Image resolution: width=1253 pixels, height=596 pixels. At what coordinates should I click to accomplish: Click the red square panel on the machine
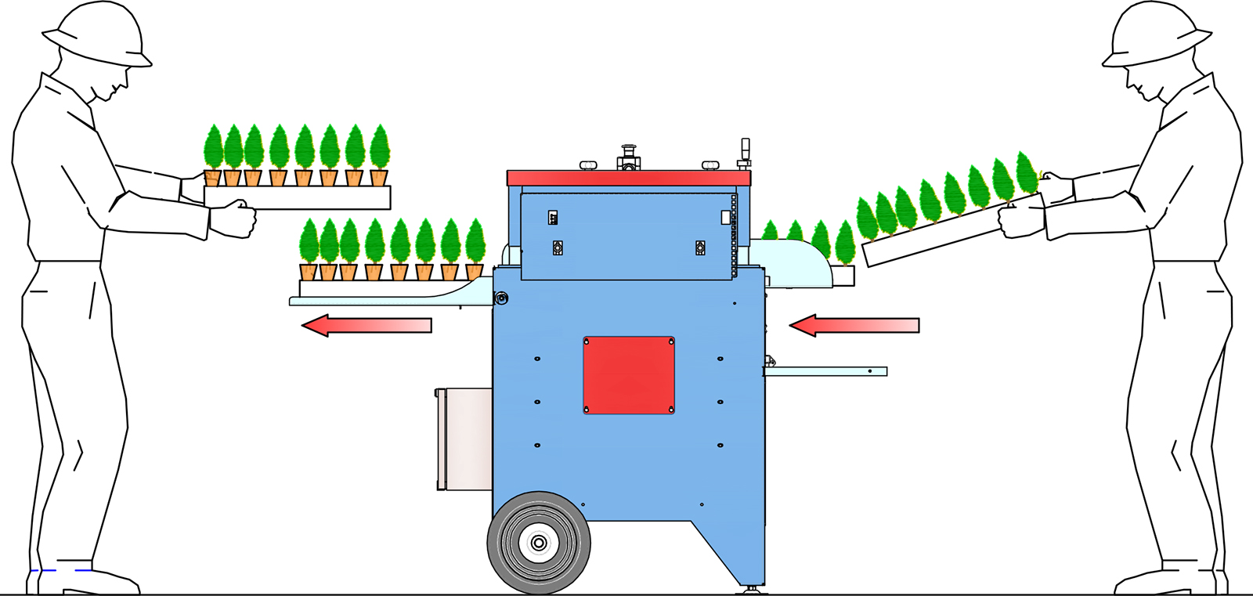click(628, 375)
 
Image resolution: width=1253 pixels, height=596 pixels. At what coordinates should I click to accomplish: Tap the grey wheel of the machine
click(539, 542)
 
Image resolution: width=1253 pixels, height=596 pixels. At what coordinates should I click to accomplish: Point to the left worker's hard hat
click(97, 35)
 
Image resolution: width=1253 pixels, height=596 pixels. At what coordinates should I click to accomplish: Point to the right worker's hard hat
click(1156, 35)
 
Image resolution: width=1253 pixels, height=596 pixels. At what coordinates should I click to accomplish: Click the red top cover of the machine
click(628, 179)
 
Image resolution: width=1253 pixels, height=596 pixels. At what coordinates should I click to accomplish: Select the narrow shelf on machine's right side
click(825, 371)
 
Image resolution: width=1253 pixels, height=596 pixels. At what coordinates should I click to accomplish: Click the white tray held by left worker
click(298, 197)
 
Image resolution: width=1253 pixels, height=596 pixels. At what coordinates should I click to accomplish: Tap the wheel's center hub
click(539, 543)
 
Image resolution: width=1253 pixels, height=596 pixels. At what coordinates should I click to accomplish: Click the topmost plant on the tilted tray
click(1026, 172)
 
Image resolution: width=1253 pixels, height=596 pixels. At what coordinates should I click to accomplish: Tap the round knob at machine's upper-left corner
click(501, 298)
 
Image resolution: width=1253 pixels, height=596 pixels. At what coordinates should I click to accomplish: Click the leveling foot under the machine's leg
click(753, 589)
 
